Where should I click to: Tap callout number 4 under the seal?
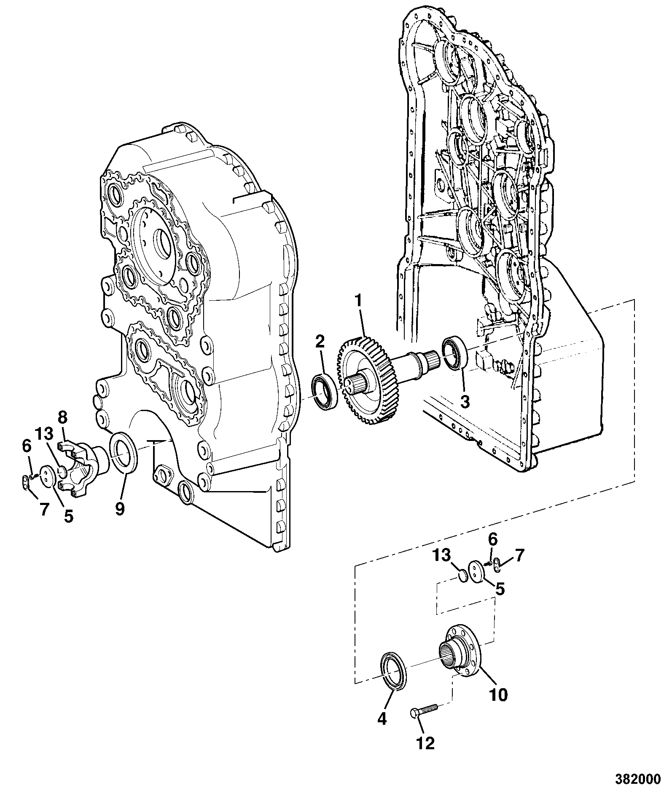point(382,719)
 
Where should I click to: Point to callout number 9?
point(120,509)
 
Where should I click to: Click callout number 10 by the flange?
point(498,695)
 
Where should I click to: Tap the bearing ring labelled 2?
point(325,391)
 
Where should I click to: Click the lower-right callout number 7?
point(519,555)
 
